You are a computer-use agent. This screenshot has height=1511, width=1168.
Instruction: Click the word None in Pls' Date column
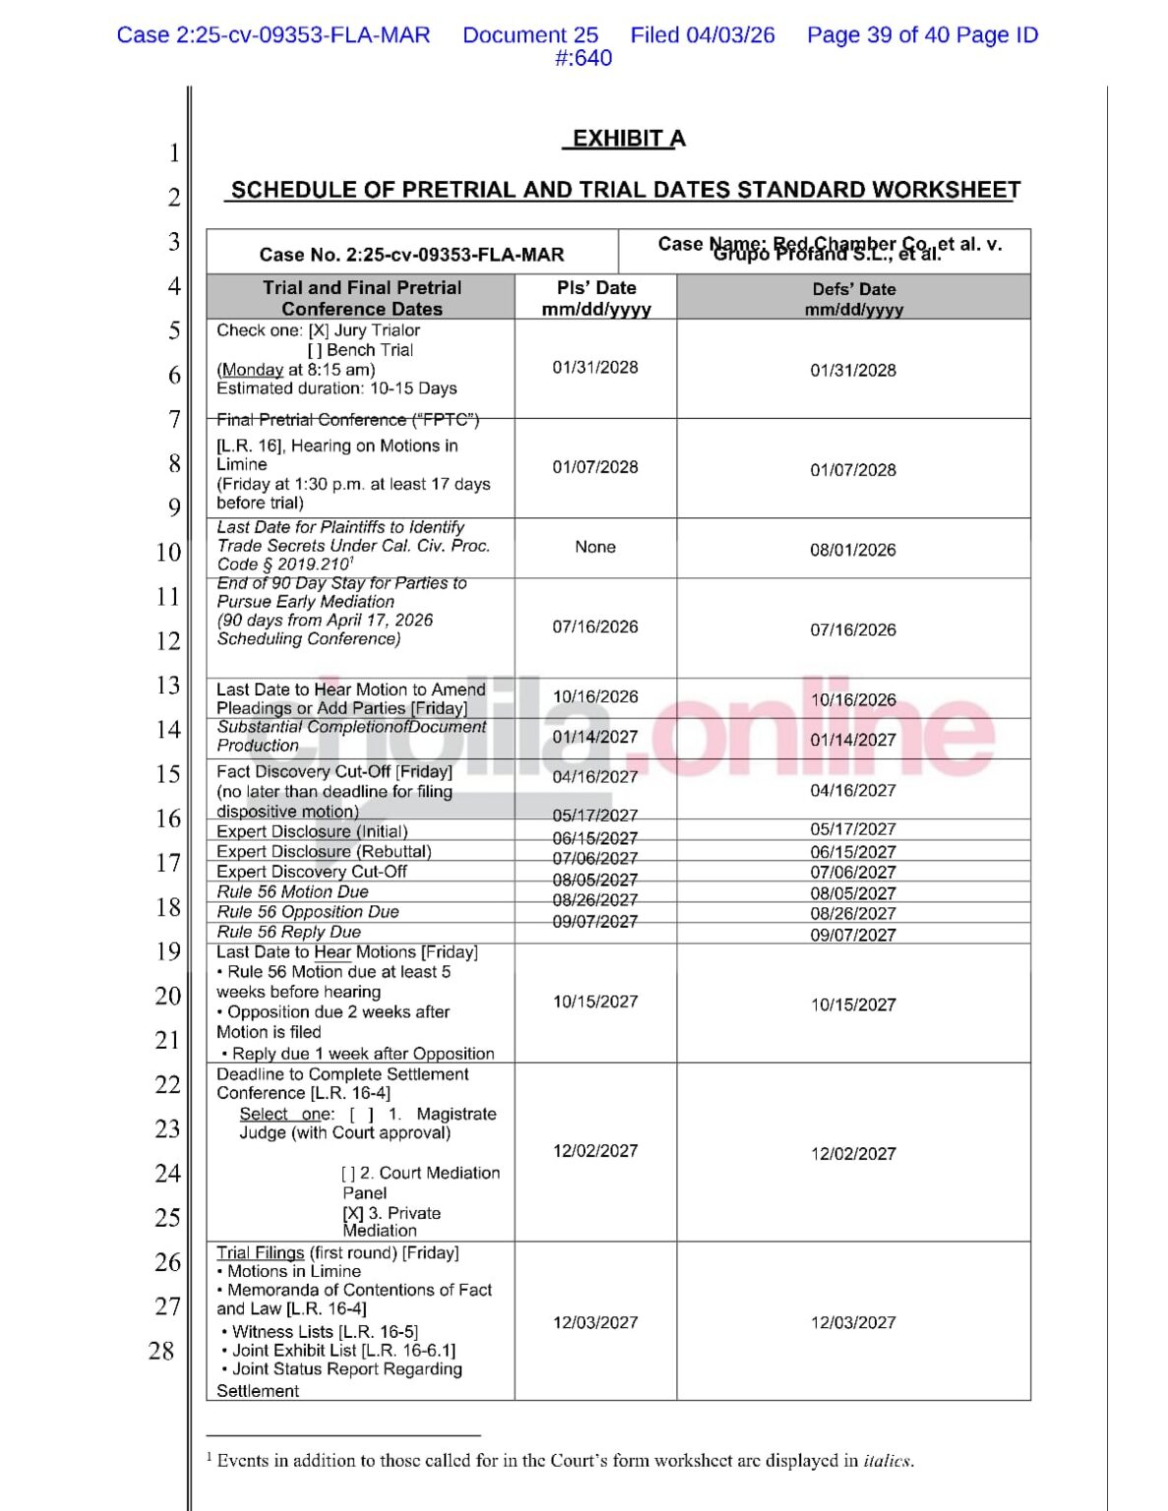(x=595, y=547)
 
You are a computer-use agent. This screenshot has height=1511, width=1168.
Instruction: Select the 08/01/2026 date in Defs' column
(x=853, y=550)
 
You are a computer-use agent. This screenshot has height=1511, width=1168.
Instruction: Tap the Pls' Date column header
(x=596, y=297)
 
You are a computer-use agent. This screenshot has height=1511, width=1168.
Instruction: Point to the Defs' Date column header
(x=853, y=298)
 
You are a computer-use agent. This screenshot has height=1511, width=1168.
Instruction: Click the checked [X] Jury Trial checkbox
(x=318, y=331)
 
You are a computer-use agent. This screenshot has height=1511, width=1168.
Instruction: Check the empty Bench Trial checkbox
(x=315, y=350)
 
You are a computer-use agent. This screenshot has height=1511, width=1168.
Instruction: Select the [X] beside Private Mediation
(x=353, y=1214)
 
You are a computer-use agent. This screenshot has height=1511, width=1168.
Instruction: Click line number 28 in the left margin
(x=161, y=1351)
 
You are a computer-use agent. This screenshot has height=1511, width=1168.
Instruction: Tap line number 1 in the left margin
(x=174, y=153)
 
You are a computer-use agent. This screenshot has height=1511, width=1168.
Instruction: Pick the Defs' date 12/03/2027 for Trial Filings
(x=853, y=1323)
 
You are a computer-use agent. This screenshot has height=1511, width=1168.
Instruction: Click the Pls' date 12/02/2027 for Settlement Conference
(x=595, y=1151)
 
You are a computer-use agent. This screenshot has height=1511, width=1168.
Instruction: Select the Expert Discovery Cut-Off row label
(x=312, y=872)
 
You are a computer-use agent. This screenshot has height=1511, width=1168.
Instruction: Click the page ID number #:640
(x=584, y=58)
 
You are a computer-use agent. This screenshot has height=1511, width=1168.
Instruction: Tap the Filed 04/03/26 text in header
(x=703, y=35)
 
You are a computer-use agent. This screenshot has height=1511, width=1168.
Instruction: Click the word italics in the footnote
(x=888, y=1461)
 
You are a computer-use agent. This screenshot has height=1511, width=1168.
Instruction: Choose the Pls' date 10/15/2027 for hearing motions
(x=595, y=1001)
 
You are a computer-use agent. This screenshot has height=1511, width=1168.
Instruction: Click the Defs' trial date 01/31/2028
(x=853, y=371)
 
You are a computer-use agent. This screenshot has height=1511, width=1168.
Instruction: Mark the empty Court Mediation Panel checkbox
(x=348, y=1174)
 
